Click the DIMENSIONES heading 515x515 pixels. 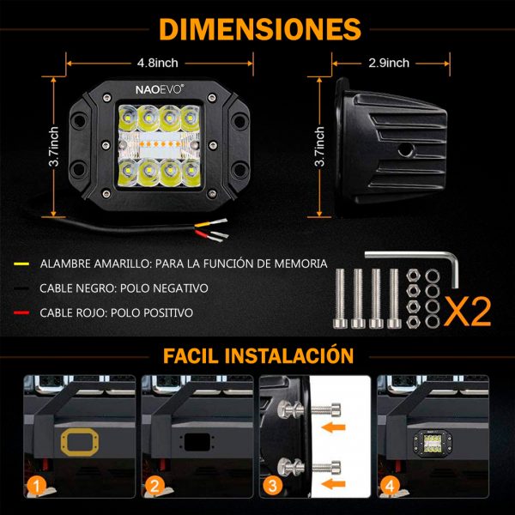[x=260, y=29]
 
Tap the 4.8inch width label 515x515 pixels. [x=158, y=63]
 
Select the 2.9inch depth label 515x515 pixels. [x=389, y=63]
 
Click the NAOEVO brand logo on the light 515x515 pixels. [x=160, y=89]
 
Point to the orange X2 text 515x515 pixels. [x=468, y=312]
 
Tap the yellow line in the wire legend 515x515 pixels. [x=21, y=264]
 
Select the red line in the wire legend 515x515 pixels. [x=21, y=312]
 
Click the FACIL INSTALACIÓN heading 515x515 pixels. [x=258, y=355]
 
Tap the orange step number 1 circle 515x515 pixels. [x=36, y=486]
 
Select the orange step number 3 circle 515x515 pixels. [x=272, y=486]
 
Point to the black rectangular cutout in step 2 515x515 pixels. [x=197, y=442]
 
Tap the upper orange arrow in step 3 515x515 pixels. [x=333, y=427]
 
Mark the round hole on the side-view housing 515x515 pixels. [x=406, y=150]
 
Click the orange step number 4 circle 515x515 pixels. [x=391, y=486]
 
